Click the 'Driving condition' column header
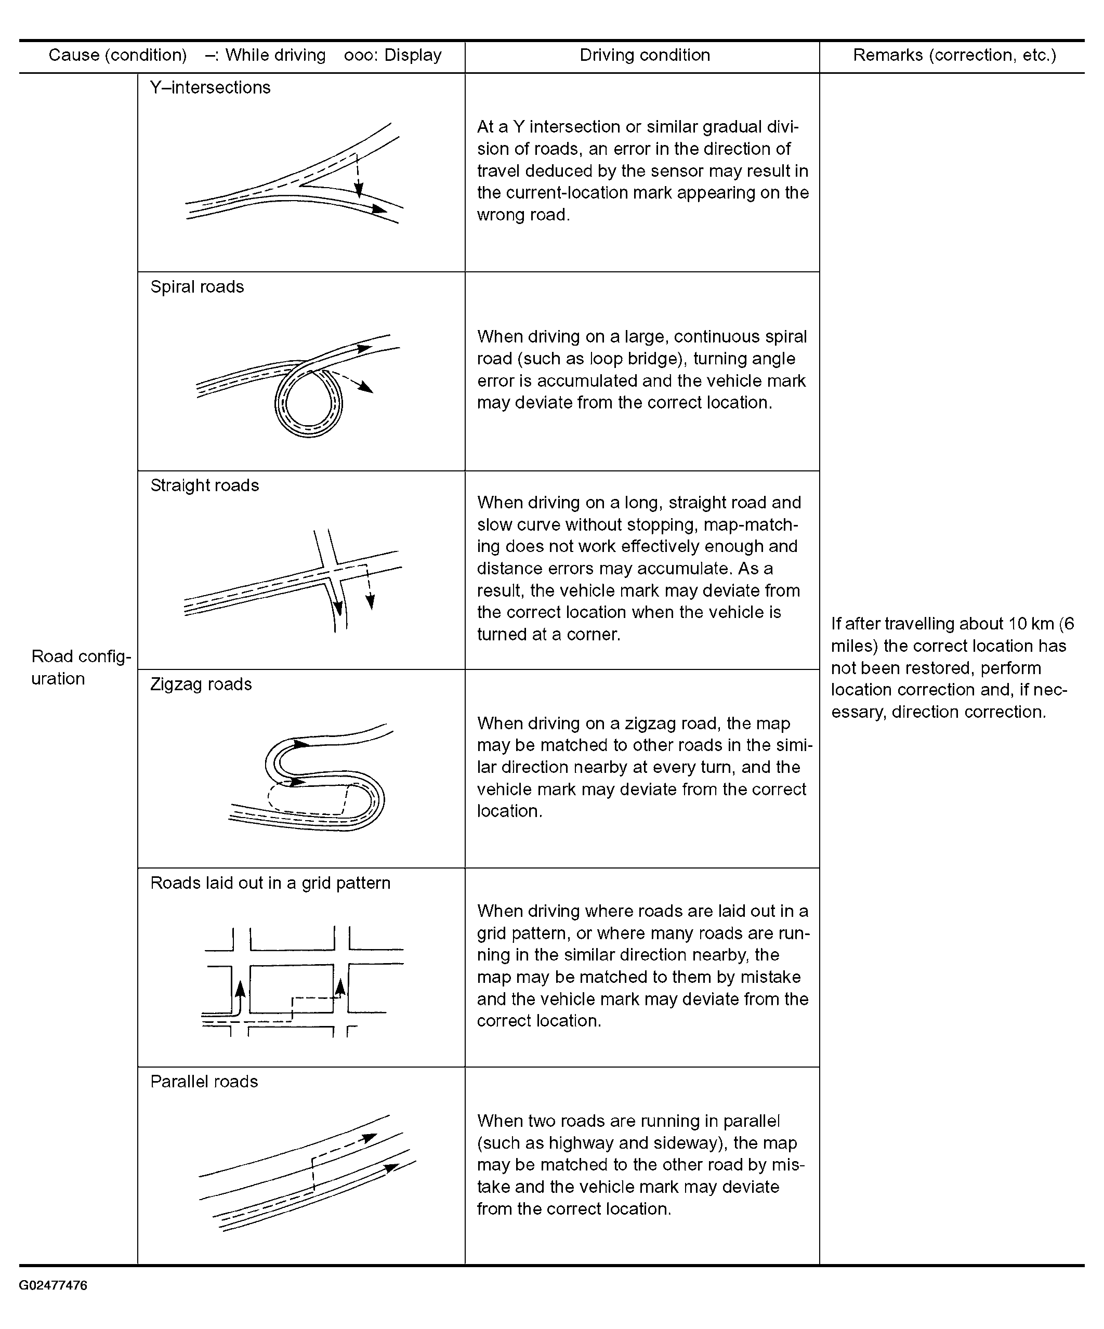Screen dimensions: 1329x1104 [x=645, y=55]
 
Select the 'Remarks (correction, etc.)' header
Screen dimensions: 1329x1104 [x=955, y=55]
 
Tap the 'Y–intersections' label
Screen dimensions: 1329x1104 [x=210, y=87]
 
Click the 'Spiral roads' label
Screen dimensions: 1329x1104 [x=197, y=287]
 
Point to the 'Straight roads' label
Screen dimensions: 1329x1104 [x=204, y=485]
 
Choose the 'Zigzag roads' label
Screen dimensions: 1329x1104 [x=201, y=684]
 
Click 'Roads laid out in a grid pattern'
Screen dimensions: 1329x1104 [x=270, y=883]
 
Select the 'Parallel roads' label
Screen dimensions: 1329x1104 [x=204, y=1082]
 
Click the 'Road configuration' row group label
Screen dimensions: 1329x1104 [x=81, y=667]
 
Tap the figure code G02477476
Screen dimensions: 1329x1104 [x=53, y=1285]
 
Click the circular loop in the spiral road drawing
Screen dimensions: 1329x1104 [x=308, y=403]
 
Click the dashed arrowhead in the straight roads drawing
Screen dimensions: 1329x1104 [x=370, y=602]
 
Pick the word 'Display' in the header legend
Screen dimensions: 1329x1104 [x=413, y=55]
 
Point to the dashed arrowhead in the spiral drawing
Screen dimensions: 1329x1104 [x=365, y=387]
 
